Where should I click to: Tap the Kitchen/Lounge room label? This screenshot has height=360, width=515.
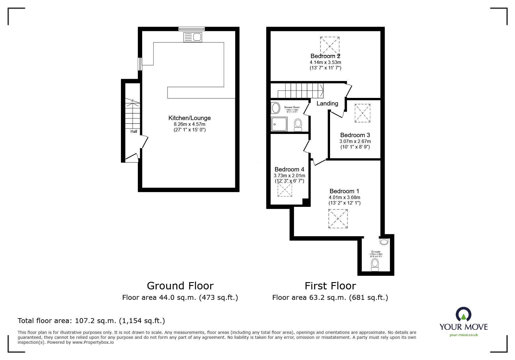(189, 118)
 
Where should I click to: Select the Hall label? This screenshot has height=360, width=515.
(134, 132)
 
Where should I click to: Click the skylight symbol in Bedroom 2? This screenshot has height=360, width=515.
(330, 46)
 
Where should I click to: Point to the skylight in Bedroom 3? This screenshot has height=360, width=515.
(362, 113)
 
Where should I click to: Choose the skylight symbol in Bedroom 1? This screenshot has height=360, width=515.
(338, 218)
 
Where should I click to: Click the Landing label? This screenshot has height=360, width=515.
(327, 103)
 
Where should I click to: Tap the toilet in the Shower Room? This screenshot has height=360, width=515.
(298, 125)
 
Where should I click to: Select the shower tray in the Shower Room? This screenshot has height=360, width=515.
(279, 124)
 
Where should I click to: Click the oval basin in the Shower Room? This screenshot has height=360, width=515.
(275, 108)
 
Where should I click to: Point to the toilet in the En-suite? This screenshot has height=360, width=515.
(375, 265)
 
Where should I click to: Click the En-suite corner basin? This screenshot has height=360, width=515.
(384, 241)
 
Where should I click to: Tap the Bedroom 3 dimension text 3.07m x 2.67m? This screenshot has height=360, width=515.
(355, 142)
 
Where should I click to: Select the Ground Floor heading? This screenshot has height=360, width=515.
(180, 286)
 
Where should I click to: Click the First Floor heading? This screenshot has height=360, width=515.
(330, 286)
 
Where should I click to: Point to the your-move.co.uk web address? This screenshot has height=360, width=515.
(464, 335)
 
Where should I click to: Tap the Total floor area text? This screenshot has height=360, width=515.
(91, 321)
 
